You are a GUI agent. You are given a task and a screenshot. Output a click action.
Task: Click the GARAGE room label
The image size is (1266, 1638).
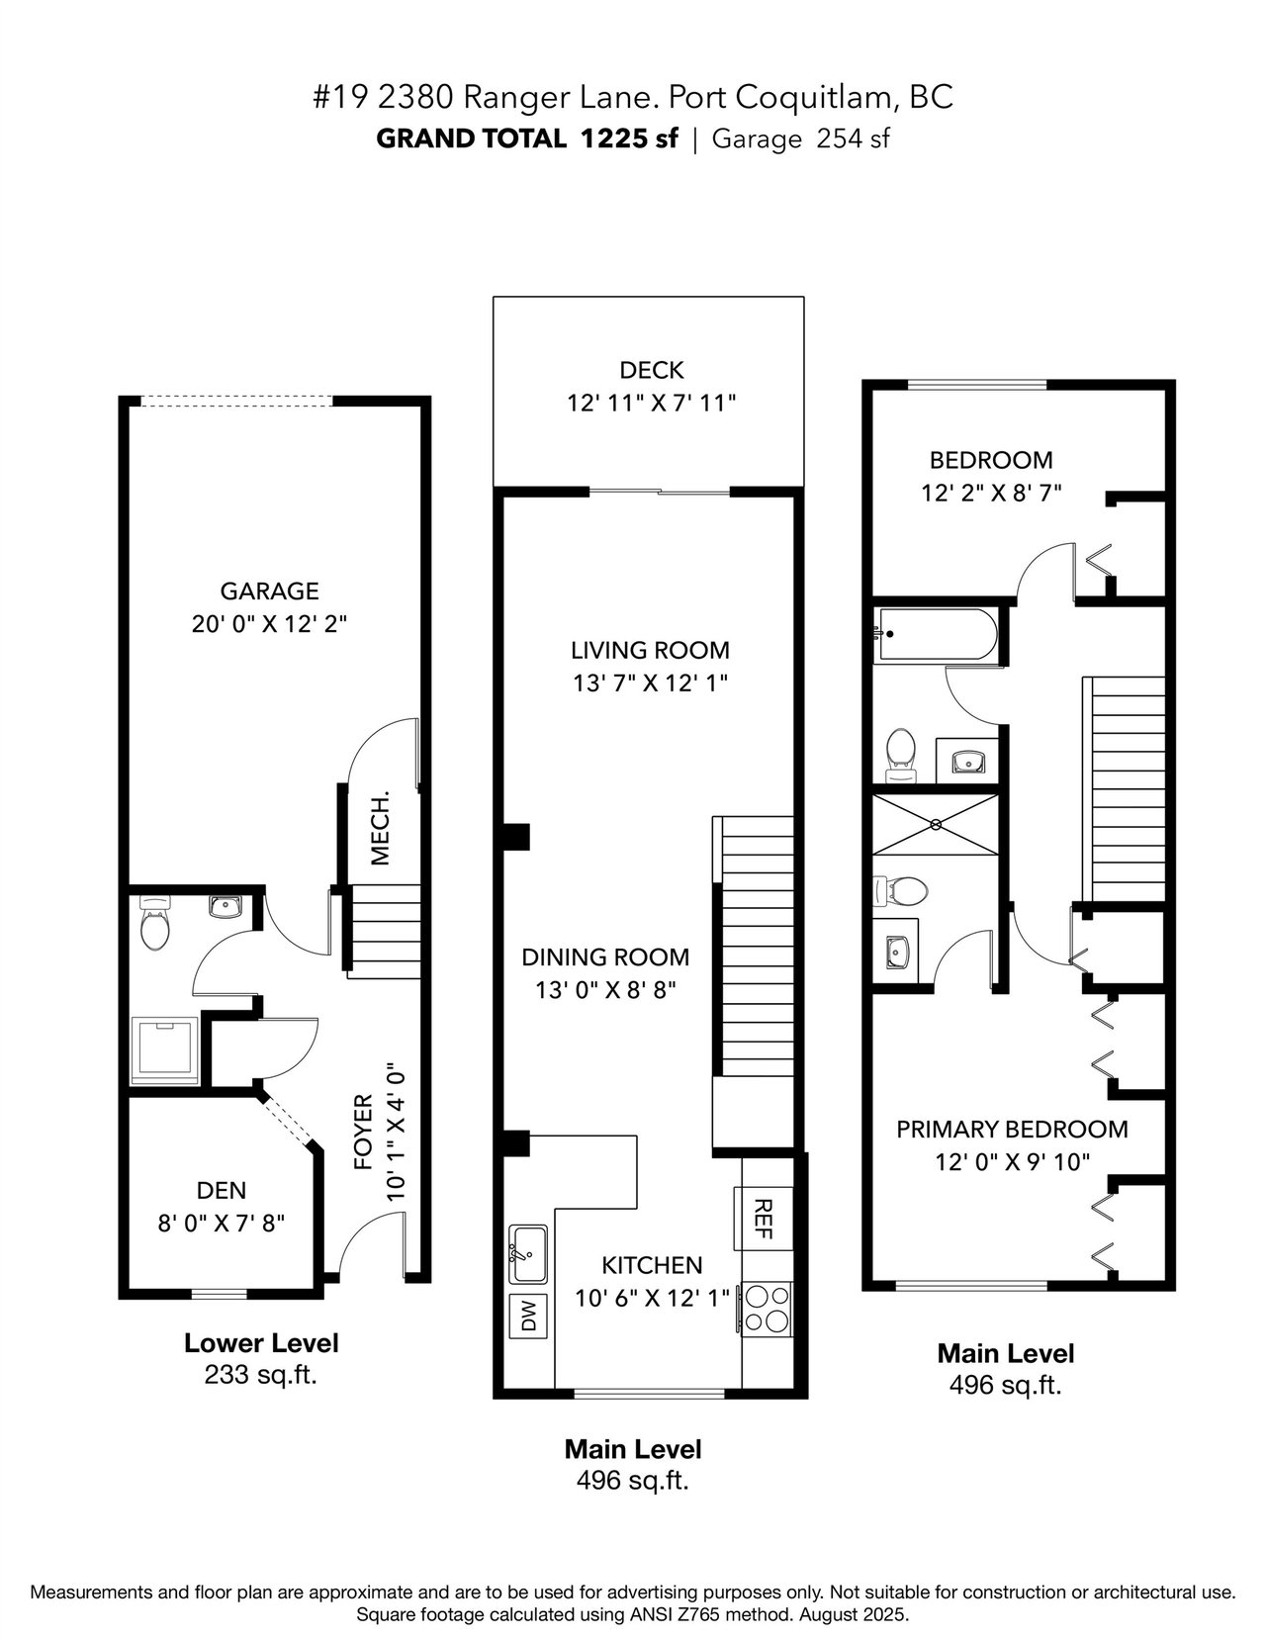click(x=269, y=591)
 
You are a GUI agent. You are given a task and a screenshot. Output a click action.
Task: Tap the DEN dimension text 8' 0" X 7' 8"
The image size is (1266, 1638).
click(x=221, y=1223)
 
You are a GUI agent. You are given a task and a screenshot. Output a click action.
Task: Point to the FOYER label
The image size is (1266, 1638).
click(x=363, y=1132)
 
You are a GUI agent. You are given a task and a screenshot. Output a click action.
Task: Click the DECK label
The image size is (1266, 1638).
click(x=651, y=370)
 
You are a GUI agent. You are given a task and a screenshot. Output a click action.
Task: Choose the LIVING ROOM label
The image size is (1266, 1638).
click(x=650, y=650)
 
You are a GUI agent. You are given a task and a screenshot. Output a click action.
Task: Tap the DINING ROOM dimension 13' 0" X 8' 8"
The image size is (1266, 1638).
click(x=605, y=989)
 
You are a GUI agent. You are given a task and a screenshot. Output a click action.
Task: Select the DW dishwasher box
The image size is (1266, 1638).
click(x=529, y=1317)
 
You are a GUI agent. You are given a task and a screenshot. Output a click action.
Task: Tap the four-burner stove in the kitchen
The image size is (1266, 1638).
click(x=766, y=1311)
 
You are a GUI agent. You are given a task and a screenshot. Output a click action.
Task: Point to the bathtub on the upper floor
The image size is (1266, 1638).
click(x=936, y=635)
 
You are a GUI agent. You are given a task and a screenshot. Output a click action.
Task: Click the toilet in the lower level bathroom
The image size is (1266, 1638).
click(x=155, y=924)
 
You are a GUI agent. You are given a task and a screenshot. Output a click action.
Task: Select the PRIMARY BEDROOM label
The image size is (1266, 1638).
click(x=1012, y=1130)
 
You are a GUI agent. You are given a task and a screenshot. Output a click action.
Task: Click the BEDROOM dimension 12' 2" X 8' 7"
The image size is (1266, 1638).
click(x=991, y=493)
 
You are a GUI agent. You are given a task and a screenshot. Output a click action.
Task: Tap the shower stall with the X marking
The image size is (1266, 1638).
click(x=936, y=824)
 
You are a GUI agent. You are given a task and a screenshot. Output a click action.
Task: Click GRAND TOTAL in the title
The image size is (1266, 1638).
click(x=471, y=138)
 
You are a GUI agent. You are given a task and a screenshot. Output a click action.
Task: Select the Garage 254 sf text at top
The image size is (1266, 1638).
click(x=800, y=139)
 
